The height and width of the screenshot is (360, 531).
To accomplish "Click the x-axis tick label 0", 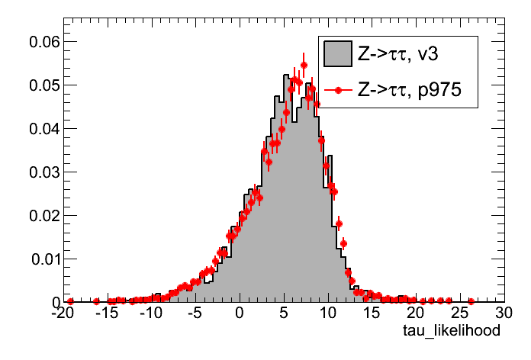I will click(x=240, y=313).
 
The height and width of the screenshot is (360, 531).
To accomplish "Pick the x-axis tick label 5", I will click(x=284, y=313).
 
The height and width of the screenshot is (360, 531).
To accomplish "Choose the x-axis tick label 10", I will click(x=328, y=313).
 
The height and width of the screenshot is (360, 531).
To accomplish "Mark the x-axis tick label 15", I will click(x=372, y=313).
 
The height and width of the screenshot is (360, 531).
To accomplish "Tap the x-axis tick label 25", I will click(x=460, y=313).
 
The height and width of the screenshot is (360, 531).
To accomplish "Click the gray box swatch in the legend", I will click(x=336, y=54).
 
